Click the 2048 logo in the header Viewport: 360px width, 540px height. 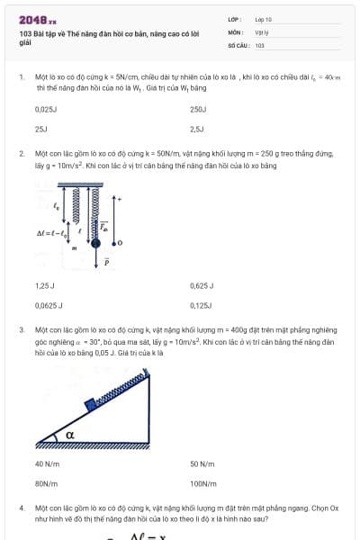click(x=37, y=19)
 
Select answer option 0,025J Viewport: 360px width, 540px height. click(x=46, y=109)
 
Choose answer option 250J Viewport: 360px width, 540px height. click(x=199, y=109)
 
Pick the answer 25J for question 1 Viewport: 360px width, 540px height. click(x=40, y=130)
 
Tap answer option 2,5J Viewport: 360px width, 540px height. click(x=197, y=130)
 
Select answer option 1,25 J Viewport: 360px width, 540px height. click(x=45, y=285)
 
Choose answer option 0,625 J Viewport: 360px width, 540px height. click(x=202, y=285)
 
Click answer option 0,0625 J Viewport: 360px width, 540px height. click(x=49, y=306)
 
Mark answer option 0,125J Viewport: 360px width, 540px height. click(x=201, y=306)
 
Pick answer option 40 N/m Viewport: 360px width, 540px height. click(x=47, y=463)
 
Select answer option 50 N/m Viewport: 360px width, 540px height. click(x=202, y=463)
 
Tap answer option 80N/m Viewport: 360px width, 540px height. click(x=47, y=484)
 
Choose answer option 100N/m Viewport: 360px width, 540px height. click(x=203, y=484)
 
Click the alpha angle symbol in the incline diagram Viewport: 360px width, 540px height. click(x=69, y=436)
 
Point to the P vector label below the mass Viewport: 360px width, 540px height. click(x=105, y=263)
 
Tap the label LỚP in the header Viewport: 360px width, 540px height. click(x=234, y=18)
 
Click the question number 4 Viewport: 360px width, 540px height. click(x=22, y=508)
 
